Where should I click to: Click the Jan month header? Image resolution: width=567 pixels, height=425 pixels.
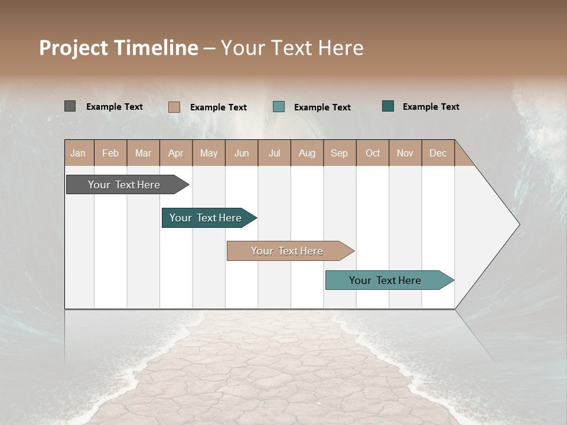pos(78,153)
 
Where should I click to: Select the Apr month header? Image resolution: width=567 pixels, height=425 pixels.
pos(176,153)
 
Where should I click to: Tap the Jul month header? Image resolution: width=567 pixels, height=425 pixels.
pos(274,153)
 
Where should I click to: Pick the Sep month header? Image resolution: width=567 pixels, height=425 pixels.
pos(339,153)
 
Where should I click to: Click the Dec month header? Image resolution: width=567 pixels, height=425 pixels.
pos(438,153)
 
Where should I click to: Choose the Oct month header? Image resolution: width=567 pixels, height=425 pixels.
pos(373,153)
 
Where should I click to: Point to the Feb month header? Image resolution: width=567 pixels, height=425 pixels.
pos(110,153)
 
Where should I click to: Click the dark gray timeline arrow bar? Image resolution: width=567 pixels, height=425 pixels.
pos(125,185)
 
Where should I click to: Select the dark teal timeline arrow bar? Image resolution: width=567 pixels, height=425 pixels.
pos(206,218)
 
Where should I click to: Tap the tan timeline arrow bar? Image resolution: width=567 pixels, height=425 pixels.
pos(288,251)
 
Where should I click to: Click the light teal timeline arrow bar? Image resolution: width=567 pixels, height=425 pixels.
pos(386,280)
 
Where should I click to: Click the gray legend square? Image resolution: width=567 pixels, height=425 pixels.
pos(70,106)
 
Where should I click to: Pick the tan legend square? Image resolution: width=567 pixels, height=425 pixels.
pos(174,107)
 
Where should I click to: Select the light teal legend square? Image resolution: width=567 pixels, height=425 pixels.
pos(279,107)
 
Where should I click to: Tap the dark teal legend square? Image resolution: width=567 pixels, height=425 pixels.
pos(388,106)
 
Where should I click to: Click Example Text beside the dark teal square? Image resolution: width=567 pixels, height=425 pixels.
pos(431,107)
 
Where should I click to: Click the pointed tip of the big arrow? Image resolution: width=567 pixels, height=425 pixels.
pos(517,224)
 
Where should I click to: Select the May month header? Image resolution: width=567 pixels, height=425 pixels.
pos(208,153)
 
